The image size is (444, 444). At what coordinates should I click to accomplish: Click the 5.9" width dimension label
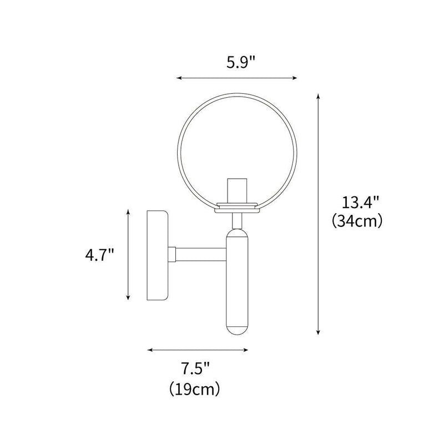point(236,62)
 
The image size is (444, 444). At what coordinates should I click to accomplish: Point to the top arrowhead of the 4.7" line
point(128,212)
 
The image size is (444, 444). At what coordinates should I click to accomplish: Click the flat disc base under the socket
point(237,206)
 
